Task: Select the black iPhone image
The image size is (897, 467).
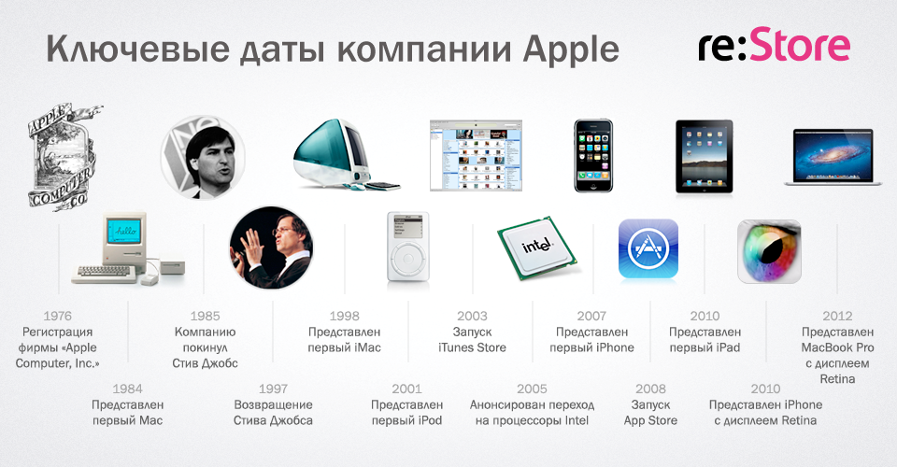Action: click(x=592, y=155)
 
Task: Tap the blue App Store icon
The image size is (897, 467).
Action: click(x=648, y=249)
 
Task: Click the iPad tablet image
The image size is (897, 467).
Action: click(x=704, y=155)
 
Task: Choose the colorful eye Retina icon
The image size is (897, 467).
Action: click(x=769, y=251)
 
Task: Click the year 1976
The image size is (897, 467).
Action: click(x=58, y=316)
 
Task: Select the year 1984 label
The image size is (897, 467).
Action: click(x=127, y=389)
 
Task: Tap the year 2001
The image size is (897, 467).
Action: click(x=406, y=389)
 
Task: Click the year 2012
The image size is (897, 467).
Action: click(x=837, y=316)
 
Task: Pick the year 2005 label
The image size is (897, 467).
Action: click(x=532, y=389)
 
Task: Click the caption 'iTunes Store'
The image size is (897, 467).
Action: click(x=472, y=348)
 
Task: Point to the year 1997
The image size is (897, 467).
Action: click(x=273, y=389)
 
